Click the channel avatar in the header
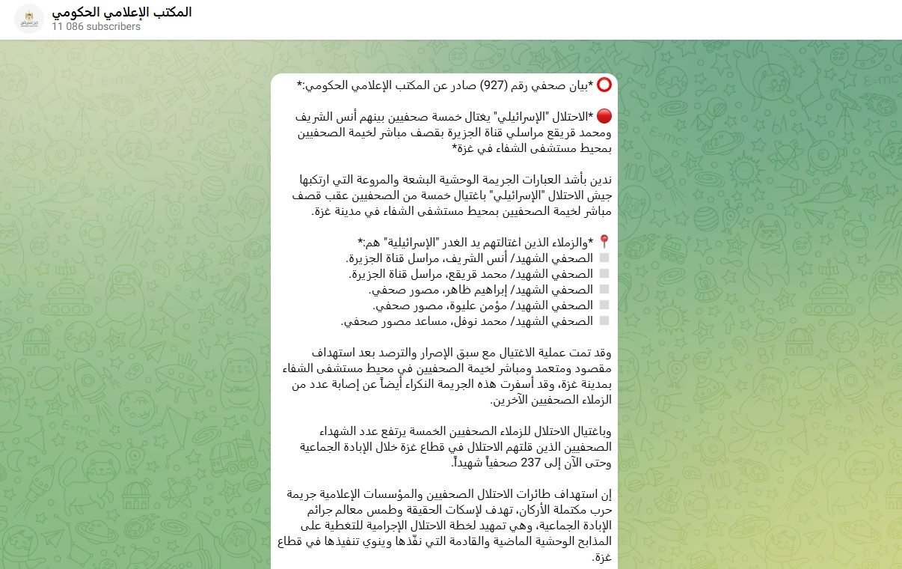pos(29,19)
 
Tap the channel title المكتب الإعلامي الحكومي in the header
pos(122,12)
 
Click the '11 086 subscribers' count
pos(96,26)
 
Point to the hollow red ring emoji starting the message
pos(604,85)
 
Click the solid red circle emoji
pos(604,116)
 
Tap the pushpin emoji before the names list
pos(604,242)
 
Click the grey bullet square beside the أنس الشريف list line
pos(604,258)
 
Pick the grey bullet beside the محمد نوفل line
pos(604,321)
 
